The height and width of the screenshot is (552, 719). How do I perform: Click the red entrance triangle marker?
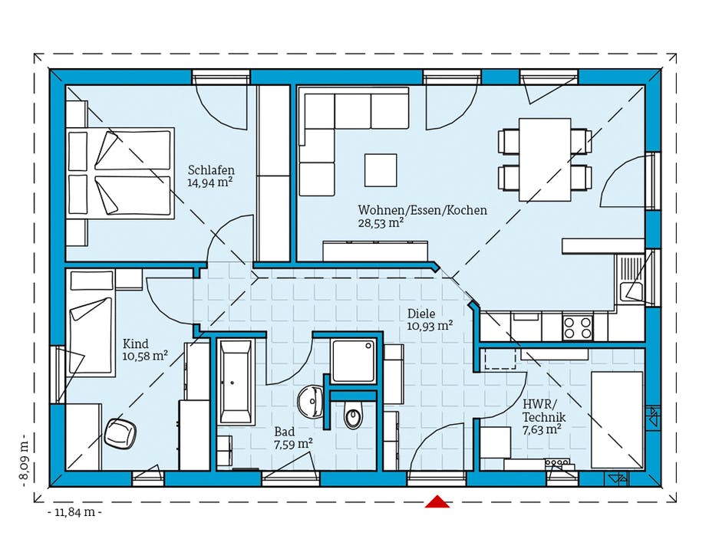coord(437,501)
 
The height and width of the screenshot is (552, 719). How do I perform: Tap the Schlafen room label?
coord(211,170)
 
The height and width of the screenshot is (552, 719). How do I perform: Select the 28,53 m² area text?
coord(381,223)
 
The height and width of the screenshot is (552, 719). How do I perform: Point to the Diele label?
coord(421,314)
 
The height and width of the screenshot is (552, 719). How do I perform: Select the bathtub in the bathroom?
coord(236,381)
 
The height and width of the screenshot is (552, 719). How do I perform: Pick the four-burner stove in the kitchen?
coord(577,327)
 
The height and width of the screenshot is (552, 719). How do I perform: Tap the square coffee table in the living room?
coord(381,170)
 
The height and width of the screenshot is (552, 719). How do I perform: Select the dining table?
coord(545,159)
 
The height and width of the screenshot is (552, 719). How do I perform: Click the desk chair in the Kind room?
coord(120,433)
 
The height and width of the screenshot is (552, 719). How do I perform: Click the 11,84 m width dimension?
coord(74,512)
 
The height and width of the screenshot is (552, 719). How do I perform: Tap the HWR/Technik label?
coord(544,411)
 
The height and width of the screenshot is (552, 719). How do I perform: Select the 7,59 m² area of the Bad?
coord(293,444)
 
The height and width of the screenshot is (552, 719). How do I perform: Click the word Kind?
coord(135,343)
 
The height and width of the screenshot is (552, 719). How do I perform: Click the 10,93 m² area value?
coord(430,326)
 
